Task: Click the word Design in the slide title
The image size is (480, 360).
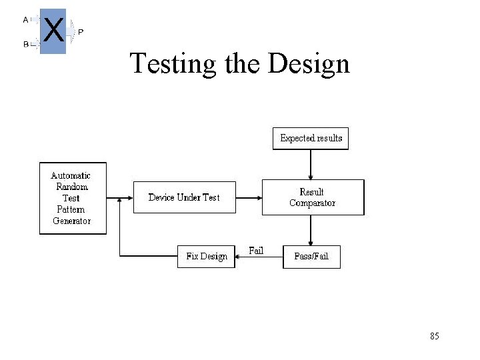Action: [x=309, y=65]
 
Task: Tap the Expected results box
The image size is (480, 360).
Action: [x=311, y=139]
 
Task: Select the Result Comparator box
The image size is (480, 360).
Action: [x=313, y=197]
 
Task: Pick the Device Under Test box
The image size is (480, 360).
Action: [x=184, y=197]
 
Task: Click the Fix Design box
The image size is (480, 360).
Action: [x=206, y=257]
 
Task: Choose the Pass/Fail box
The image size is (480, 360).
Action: [x=311, y=257]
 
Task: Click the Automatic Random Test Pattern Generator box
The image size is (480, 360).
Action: [x=73, y=198]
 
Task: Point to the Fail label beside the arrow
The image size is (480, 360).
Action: [x=256, y=251]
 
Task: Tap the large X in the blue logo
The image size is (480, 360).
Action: [x=53, y=31]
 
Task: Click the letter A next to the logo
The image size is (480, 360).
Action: [x=25, y=19]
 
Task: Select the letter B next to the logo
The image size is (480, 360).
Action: [x=25, y=45]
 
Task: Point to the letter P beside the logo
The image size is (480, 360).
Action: [x=81, y=32]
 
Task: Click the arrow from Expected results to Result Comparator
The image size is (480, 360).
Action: [x=311, y=164]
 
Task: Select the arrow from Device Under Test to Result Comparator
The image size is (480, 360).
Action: [x=248, y=197]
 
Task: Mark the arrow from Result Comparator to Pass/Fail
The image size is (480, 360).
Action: [x=311, y=231]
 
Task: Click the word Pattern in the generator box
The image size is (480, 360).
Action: [x=71, y=209]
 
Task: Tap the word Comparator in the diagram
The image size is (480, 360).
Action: [x=312, y=203]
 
